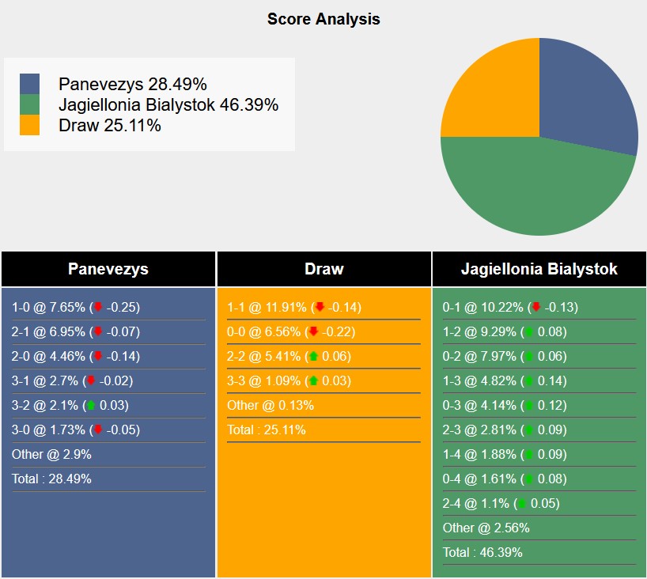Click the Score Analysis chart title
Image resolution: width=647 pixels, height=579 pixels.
(x=323, y=19)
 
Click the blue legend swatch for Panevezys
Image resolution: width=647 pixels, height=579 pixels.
(x=29, y=84)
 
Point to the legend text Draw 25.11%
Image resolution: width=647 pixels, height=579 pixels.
(x=109, y=125)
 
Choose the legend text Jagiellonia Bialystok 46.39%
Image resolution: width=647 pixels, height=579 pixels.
(x=168, y=104)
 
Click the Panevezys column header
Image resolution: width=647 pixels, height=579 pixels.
(x=108, y=269)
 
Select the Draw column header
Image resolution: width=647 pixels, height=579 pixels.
(x=323, y=269)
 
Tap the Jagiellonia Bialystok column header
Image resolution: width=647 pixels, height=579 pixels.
(x=539, y=269)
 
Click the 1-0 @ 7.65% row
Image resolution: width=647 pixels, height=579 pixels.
(x=75, y=307)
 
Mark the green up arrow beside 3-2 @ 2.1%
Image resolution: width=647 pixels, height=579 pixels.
(x=91, y=405)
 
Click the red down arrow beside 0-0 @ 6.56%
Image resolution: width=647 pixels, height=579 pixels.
(x=313, y=331)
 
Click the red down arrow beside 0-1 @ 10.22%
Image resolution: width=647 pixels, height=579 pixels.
(x=536, y=307)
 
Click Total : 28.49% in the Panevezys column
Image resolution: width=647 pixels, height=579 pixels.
(x=51, y=479)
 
